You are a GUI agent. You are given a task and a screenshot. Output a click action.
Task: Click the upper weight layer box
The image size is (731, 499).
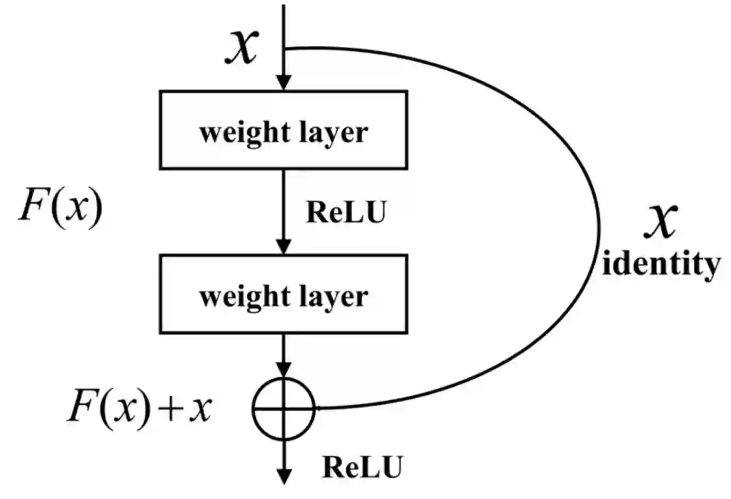click(x=284, y=130)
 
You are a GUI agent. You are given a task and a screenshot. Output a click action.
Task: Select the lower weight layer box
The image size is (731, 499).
click(x=284, y=294)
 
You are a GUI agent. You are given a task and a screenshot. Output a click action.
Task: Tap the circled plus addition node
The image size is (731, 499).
click(x=284, y=409)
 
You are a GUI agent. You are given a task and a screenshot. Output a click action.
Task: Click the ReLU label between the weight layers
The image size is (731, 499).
click(x=346, y=212)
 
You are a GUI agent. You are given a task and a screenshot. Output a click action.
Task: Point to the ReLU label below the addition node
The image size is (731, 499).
click(x=362, y=467)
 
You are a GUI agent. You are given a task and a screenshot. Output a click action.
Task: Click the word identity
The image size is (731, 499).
click(x=661, y=263)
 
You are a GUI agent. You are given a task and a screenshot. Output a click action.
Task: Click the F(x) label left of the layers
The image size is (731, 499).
click(x=60, y=206)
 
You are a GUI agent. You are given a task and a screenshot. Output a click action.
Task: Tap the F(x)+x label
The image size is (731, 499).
click(x=139, y=409)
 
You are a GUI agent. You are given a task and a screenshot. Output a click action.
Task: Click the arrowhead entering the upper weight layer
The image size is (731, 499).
click(x=284, y=83)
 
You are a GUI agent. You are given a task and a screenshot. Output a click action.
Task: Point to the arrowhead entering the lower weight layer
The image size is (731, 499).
click(x=284, y=247)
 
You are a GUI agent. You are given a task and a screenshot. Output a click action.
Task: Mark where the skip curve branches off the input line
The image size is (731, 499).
click(x=285, y=49)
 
